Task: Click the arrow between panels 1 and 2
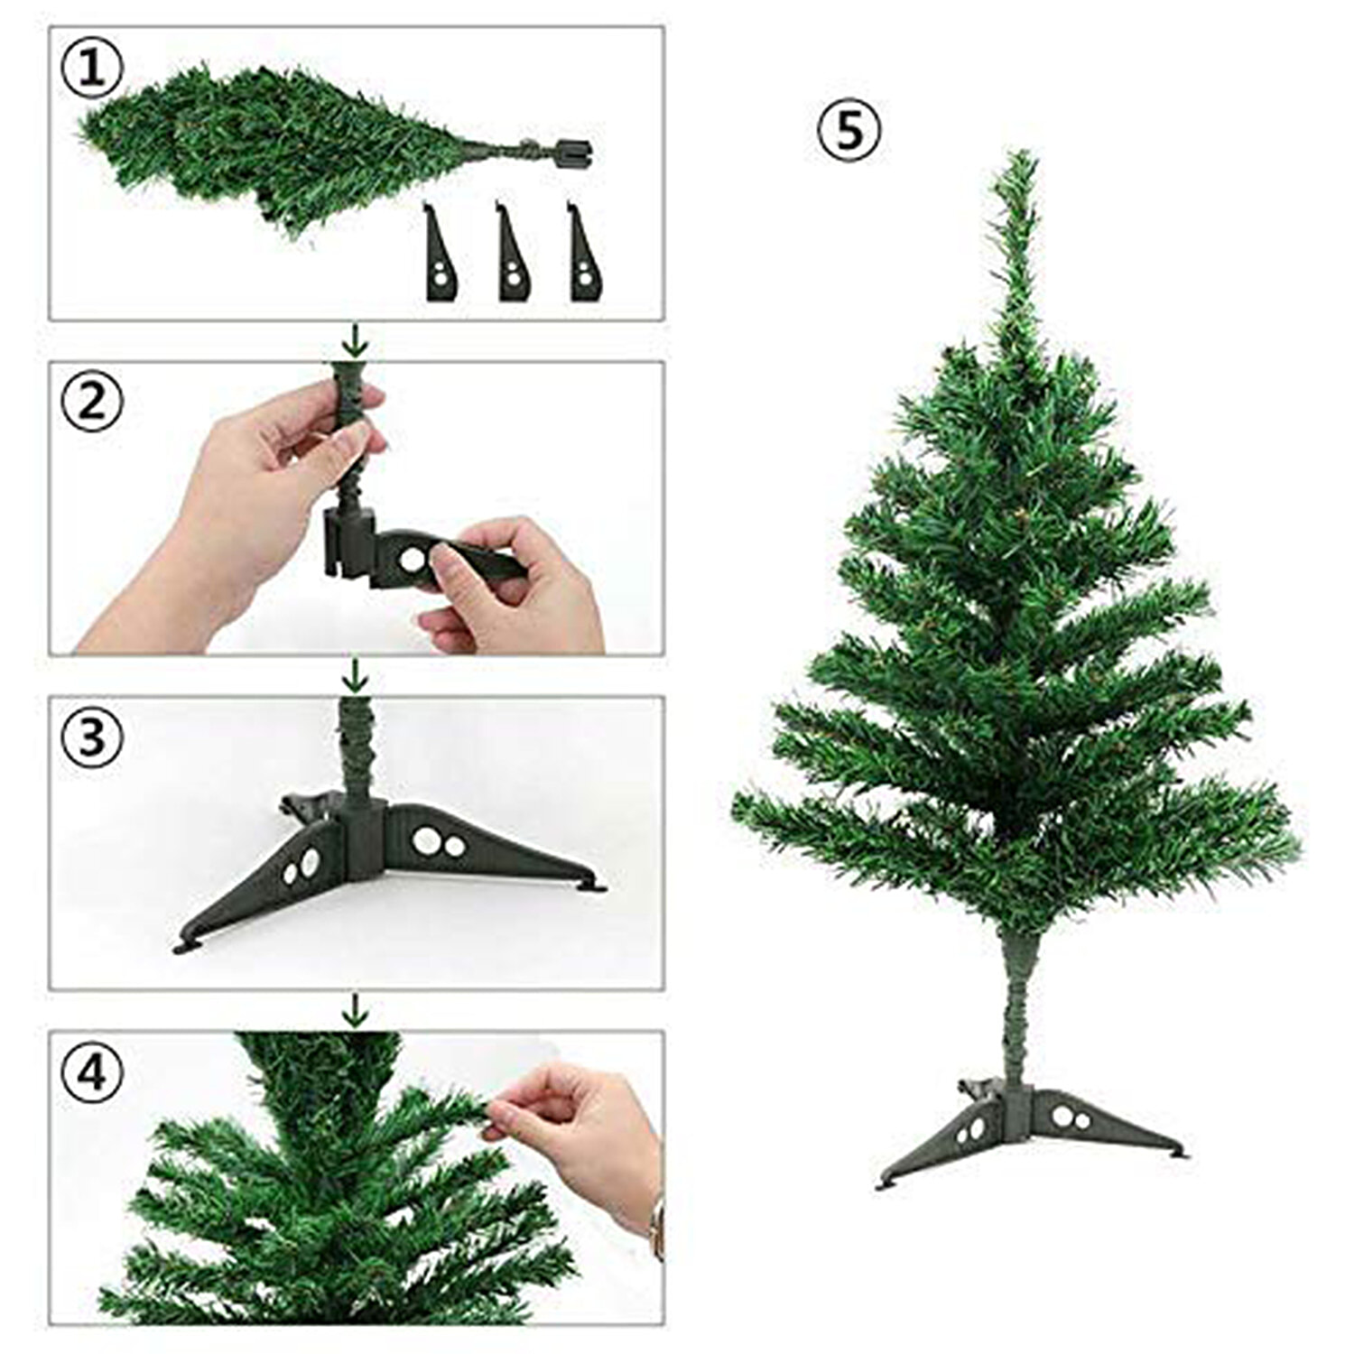coord(357,340)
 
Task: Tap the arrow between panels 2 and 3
coord(357,674)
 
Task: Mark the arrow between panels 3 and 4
coord(357,1010)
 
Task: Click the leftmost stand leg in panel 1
coord(441,254)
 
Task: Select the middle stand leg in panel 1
coord(513,254)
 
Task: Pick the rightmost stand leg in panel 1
coord(585,254)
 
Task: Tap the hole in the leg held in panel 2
coord(413,560)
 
